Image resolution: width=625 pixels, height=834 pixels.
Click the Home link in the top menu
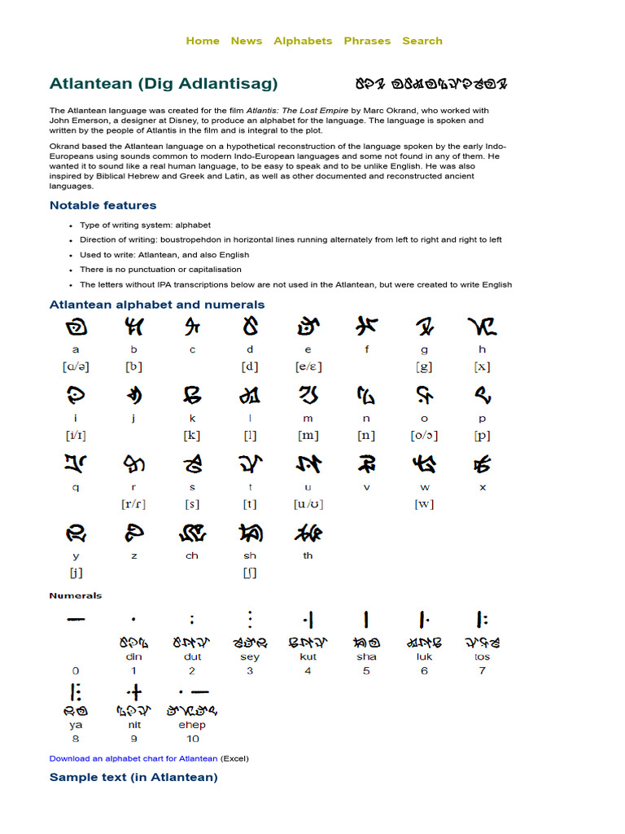click(x=203, y=41)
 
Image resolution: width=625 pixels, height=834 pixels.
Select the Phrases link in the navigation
click(x=367, y=41)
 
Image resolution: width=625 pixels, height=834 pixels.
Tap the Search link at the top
click(x=422, y=41)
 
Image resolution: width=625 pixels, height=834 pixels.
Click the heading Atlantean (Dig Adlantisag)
click(x=164, y=83)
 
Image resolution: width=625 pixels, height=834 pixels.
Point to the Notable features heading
click(x=103, y=205)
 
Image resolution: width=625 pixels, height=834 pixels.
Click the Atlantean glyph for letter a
click(x=76, y=327)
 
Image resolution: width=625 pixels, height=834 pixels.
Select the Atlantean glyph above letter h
click(x=482, y=327)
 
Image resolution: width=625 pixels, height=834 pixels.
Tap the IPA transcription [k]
click(x=192, y=435)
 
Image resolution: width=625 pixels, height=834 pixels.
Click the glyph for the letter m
click(x=308, y=396)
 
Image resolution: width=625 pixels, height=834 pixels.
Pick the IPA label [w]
click(x=424, y=503)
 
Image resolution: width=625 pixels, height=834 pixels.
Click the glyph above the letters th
click(x=308, y=533)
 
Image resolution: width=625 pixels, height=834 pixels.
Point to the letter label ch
click(x=192, y=555)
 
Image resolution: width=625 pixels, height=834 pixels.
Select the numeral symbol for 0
click(x=76, y=620)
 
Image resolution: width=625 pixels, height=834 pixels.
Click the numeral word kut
click(x=308, y=656)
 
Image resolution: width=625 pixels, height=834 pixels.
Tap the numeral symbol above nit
click(x=134, y=693)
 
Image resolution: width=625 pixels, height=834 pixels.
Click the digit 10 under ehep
click(x=192, y=739)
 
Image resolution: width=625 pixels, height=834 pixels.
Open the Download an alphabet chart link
click(x=133, y=758)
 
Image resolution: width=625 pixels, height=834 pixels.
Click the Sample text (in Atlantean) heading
click(x=133, y=777)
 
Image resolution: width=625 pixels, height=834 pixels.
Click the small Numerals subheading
click(x=76, y=595)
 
